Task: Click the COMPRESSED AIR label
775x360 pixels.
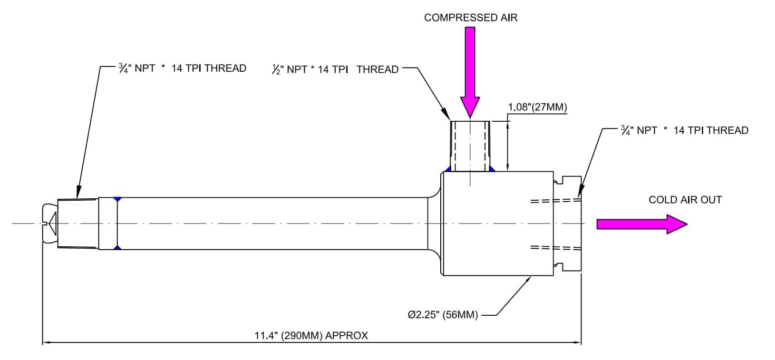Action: pyautogui.click(x=470, y=18)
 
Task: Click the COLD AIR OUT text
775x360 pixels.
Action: pyautogui.click(x=685, y=200)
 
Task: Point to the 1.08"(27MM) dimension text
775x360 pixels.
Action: pyautogui.click(x=537, y=107)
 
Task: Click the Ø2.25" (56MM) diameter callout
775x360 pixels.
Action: pyautogui.click(x=443, y=315)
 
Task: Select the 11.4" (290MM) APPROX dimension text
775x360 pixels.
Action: pyautogui.click(x=311, y=335)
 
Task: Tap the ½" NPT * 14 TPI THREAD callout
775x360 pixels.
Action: pyautogui.click(x=335, y=69)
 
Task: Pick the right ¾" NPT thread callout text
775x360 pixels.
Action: pyautogui.click(x=684, y=130)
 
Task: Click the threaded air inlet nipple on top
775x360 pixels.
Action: pyautogui.click(x=470, y=146)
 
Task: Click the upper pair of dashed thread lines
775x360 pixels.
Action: pyautogui.click(x=555, y=201)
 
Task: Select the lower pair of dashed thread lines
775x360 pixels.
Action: pyautogui.click(x=555, y=248)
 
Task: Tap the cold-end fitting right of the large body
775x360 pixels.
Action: pyautogui.click(x=568, y=224)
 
